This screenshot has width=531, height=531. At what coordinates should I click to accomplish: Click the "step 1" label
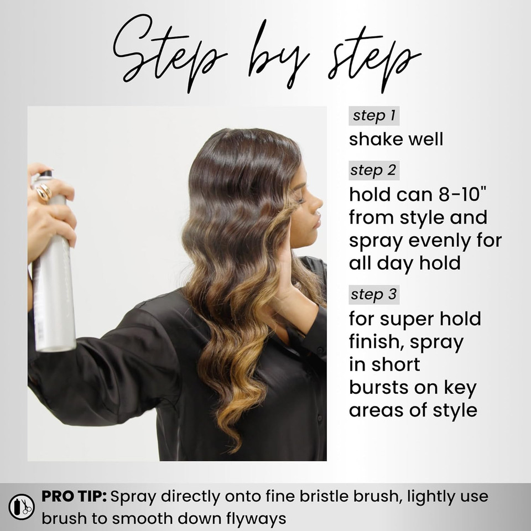click(x=374, y=116)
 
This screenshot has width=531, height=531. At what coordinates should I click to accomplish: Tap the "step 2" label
click(x=374, y=170)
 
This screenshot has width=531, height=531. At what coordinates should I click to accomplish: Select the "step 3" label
click(x=374, y=295)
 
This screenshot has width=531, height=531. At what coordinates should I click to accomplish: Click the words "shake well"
click(x=396, y=139)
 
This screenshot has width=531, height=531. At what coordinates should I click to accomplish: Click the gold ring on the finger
click(x=44, y=192)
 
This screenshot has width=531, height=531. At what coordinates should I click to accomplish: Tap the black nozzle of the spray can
click(x=45, y=174)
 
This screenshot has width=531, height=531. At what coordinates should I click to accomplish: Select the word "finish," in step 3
click(x=376, y=342)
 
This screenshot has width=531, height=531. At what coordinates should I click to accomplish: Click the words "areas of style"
click(x=413, y=410)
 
